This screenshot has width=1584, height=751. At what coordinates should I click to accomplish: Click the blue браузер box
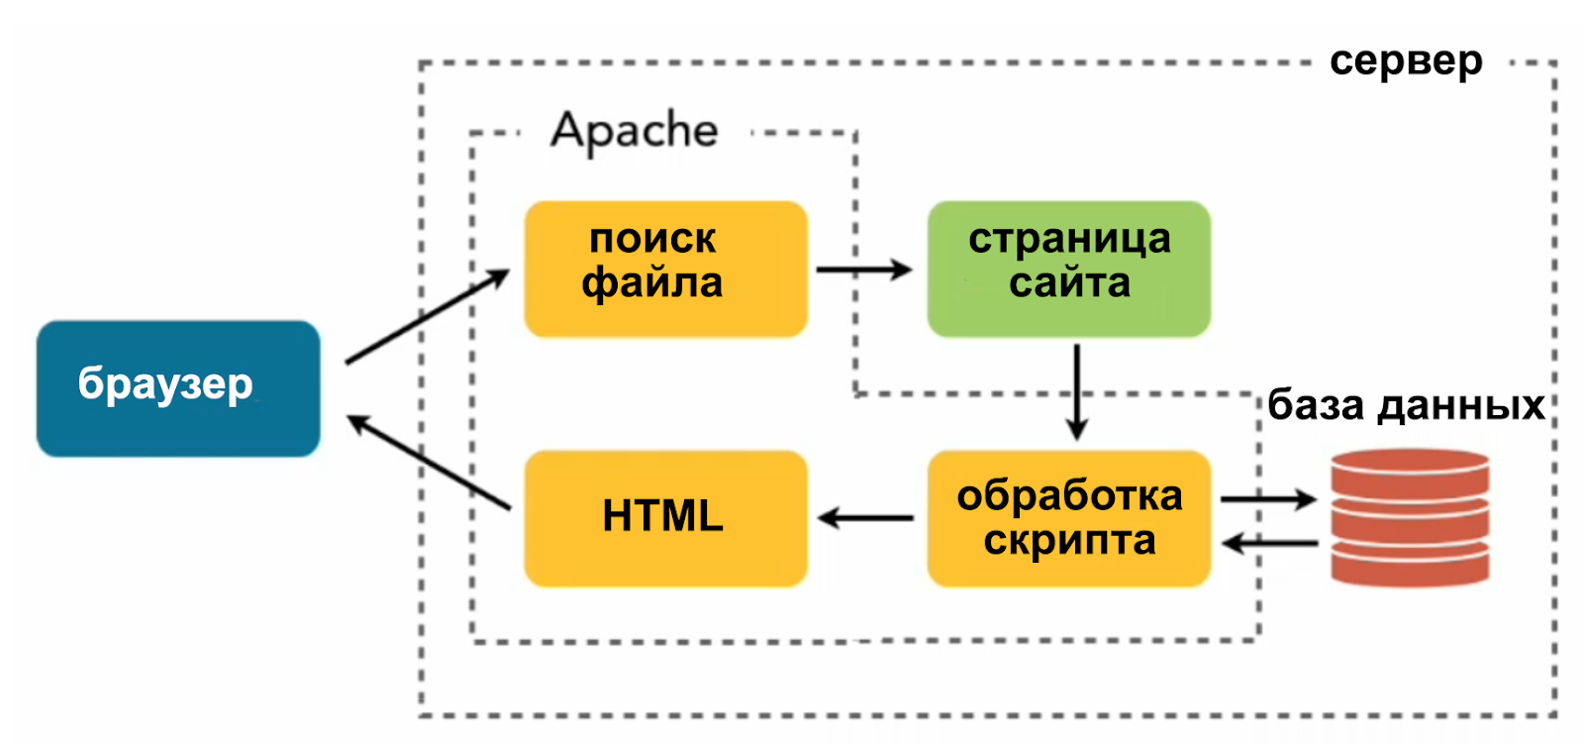pyautogui.click(x=178, y=387)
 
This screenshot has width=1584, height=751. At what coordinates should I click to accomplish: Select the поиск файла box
pyautogui.click(x=665, y=268)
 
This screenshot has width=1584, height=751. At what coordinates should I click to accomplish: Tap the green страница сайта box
pyautogui.click(x=1068, y=268)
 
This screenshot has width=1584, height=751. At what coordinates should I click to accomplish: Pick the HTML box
pyautogui.click(x=665, y=518)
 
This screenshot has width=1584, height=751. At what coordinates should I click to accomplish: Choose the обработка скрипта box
pyautogui.click(x=1068, y=518)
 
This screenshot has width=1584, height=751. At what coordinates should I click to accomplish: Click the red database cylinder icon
pyautogui.click(x=1410, y=517)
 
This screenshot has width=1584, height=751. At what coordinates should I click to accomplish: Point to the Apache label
pyautogui.click(x=635, y=131)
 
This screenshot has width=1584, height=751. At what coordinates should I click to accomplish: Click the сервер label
pyautogui.click(x=1406, y=61)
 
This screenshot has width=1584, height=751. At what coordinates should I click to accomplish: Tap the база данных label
pyautogui.click(x=1406, y=406)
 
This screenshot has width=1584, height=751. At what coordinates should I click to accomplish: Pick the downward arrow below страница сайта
pyautogui.click(x=1077, y=391)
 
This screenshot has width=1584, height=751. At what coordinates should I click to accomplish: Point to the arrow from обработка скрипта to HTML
pyautogui.click(x=866, y=517)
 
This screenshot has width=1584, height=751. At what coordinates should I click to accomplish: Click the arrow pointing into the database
pyautogui.click(x=1268, y=499)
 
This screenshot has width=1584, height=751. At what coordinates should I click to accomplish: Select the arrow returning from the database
pyautogui.click(x=1270, y=543)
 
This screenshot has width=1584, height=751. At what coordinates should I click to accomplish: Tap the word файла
pyautogui.click(x=652, y=284)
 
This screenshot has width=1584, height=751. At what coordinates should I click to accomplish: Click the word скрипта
pyautogui.click(x=1069, y=541)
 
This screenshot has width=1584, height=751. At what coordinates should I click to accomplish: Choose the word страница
pyautogui.click(x=1069, y=240)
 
